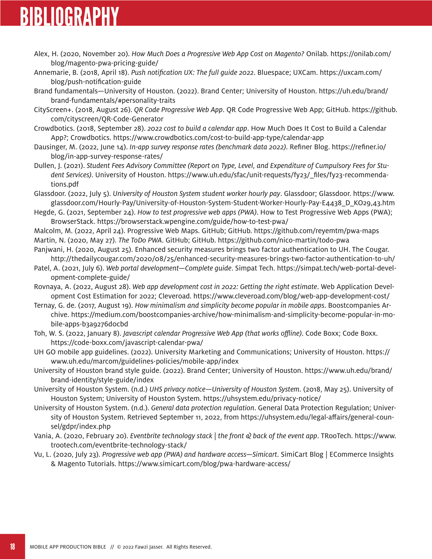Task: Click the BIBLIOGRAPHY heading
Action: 69,16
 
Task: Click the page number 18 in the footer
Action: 12,547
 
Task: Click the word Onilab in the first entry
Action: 317,54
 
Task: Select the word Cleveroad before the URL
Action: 174,296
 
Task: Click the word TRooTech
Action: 336,436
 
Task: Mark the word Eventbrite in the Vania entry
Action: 145,436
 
